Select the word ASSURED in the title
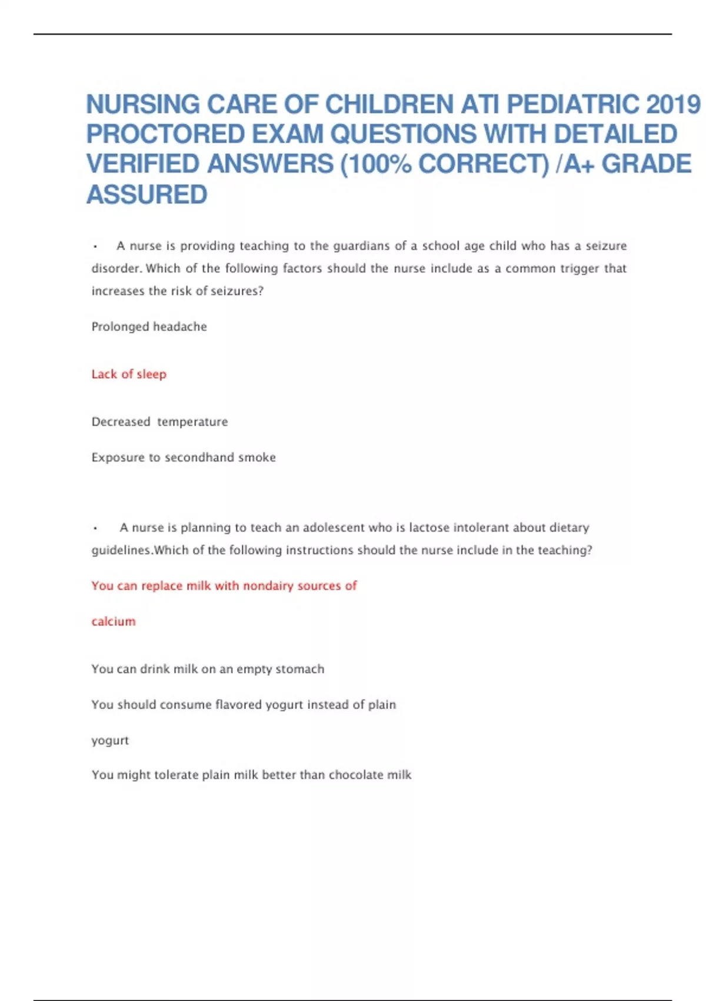tap(147, 195)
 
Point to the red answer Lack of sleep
tap(129, 374)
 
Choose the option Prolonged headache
tap(149, 326)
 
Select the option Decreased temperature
tap(159, 422)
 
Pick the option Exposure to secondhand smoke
tap(184, 457)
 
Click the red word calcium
tap(114, 621)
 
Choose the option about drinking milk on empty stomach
tap(208, 669)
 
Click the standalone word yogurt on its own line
tap(110, 740)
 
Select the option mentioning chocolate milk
tap(251, 775)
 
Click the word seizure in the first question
tap(606, 246)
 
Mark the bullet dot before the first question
tap(95, 247)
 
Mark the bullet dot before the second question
tap(95, 529)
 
